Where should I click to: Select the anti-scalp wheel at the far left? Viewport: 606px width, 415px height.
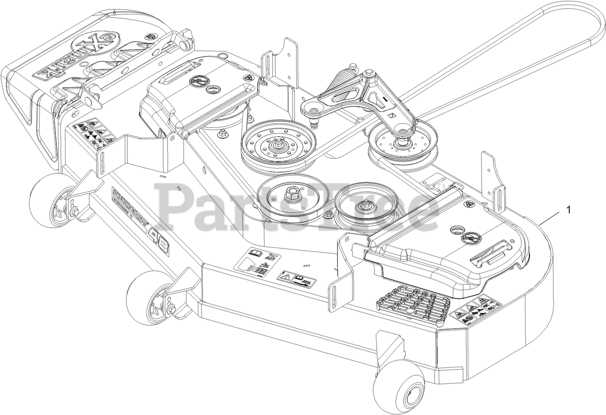pyautogui.click(x=48, y=196)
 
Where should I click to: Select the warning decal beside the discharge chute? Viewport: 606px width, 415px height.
pyautogui.click(x=94, y=133)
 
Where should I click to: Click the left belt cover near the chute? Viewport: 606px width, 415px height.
pyautogui.click(x=202, y=94)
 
